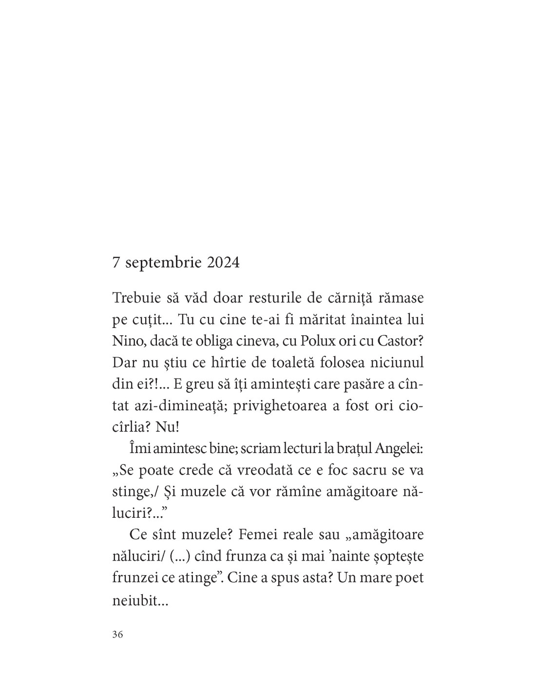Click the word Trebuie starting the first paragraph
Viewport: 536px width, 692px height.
click(135, 297)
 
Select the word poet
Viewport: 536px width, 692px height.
click(407, 578)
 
